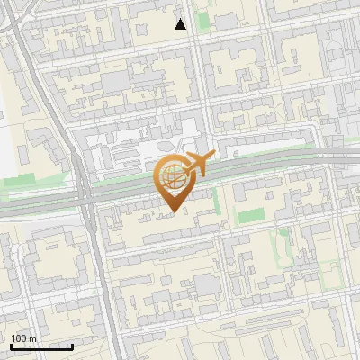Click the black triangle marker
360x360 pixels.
pyautogui.click(x=181, y=24)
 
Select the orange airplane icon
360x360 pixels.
pyautogui.click(x=197, y=164)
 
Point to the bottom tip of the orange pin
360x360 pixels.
pyautogui.click(x=173, y=212)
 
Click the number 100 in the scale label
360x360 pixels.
pyautogui.click(x=20, y=338)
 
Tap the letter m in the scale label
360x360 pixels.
pyautogui.click(x=33, y=338)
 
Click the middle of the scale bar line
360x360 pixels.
pyautogui.click(x=41, y=346)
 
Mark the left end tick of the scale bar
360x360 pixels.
pyautogui.click(x=11, y=346)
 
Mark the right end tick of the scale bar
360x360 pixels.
pyautogui.click(x=73, y=346)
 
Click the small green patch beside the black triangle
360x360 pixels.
pyautogui.click(x=201, y=20)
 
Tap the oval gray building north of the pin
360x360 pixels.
pyautogui.click(x=165, y=146)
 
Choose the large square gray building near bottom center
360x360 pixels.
pyautogui.click(x=207, y=284)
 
